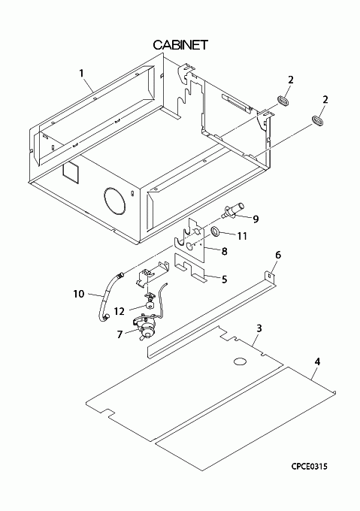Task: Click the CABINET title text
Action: tap(180, 45)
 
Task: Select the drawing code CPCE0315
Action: tap(309, 467)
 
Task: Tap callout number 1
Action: tap(81, 73)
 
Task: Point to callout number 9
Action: tap(256, 219)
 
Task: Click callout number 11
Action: tap(242, 236)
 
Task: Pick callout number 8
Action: tap(224, 251)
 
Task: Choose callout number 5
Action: tap(224, 280)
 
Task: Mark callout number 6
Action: tap(278, 255)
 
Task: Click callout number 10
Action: tap(79, 294)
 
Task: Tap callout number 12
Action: tap(119, 312)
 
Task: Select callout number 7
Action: tap(120, 334)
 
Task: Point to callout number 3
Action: tap(259, 328)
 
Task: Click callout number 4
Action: tap(318, 361)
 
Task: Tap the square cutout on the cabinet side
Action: tap(71, 171)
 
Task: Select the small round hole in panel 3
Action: tap(240, 361)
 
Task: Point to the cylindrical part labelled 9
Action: tap(233, 210)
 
